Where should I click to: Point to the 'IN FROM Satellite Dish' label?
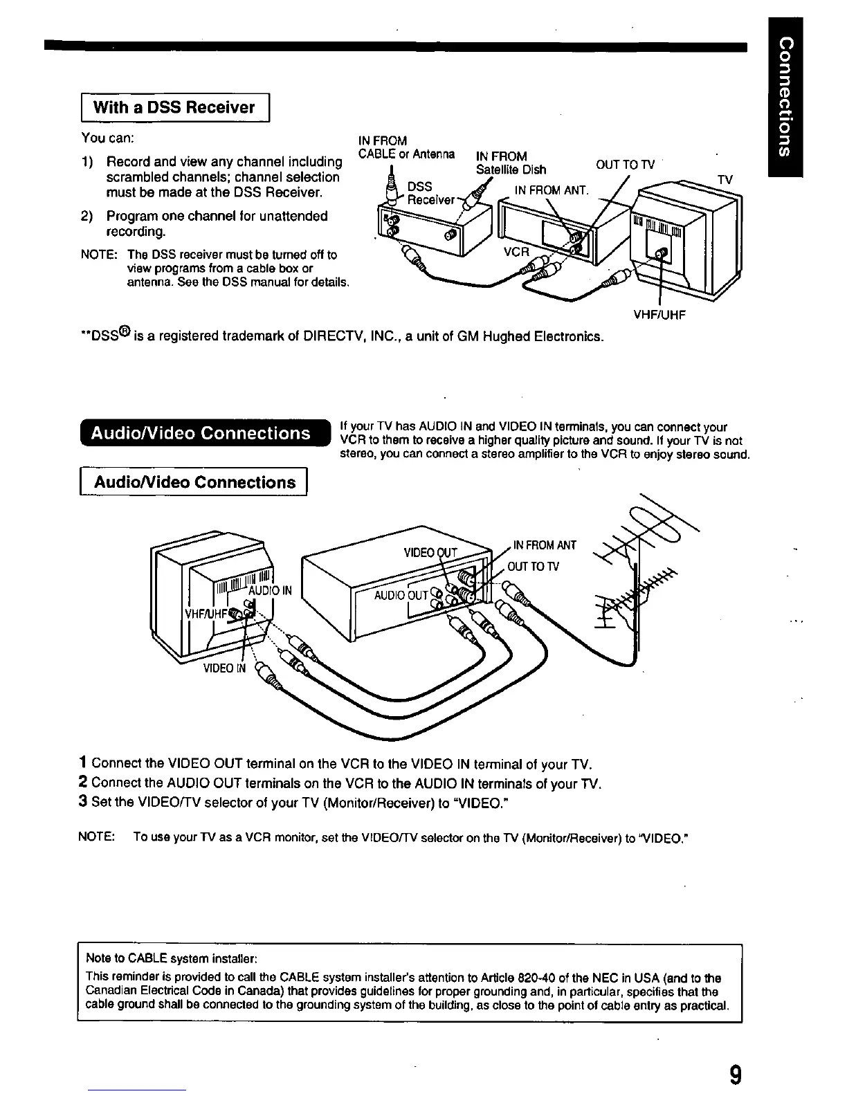coord(511,163)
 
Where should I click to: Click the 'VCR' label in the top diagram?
coord(516,253)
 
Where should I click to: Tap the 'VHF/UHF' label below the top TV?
coord(659,316)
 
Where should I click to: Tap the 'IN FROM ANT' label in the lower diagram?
coord(545,545)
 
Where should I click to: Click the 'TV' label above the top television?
coord(725,180)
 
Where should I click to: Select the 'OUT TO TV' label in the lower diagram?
coord(534,567)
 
